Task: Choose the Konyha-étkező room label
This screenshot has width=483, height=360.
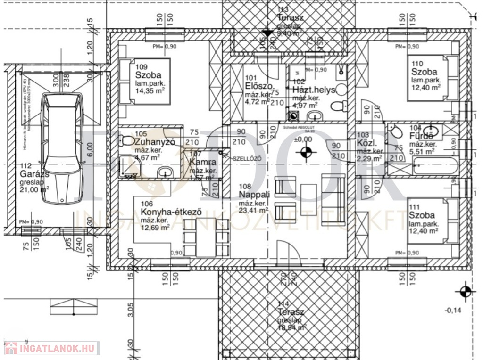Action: click(172, 212)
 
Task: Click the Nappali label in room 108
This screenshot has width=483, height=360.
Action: click(254, 195)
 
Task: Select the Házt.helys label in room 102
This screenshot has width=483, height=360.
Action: click(314, 90)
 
